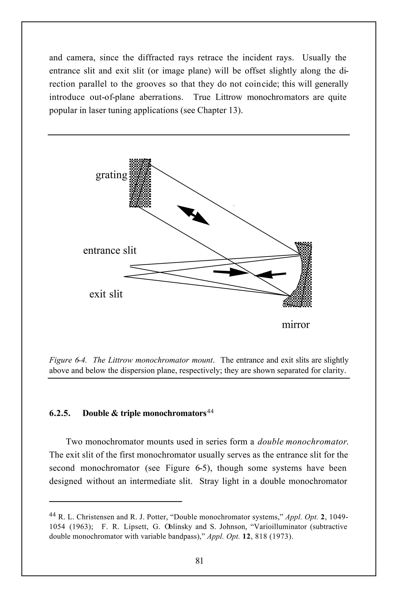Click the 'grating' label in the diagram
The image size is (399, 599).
click(x=111, y=175)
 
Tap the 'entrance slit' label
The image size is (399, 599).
click(x=110, y=250)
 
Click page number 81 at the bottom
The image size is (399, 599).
click(x=199, y=561)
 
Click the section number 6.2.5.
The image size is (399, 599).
click(x=60, y=413)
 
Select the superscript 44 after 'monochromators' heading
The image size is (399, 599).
click(x=210, y=411)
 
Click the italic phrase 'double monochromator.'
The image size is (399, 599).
click(x=303, y=442)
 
